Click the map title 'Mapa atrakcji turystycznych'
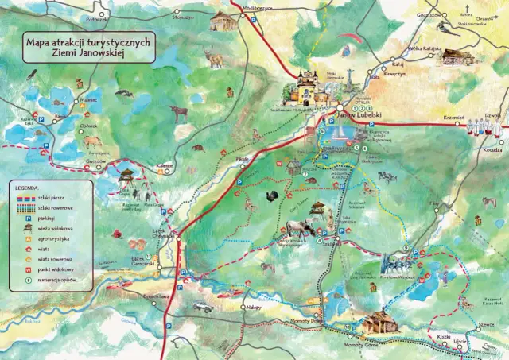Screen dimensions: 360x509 (88, 42)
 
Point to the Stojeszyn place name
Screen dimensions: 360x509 (182, 16)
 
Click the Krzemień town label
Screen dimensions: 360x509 (453, 116)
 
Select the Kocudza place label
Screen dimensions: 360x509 (492, 148)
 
